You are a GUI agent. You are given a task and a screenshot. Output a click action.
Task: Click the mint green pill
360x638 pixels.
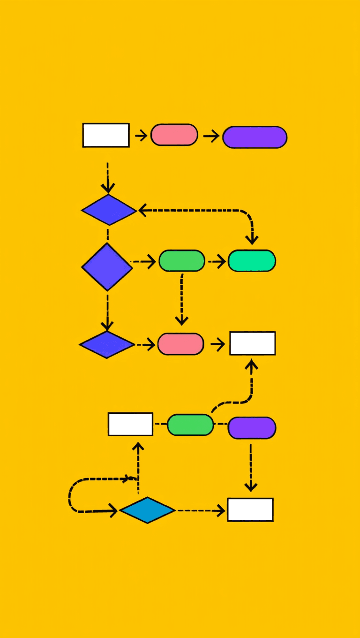(252, 261)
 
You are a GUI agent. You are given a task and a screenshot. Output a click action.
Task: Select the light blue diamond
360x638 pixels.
(147, 510)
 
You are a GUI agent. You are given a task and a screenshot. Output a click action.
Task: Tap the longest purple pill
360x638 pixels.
(255, 137)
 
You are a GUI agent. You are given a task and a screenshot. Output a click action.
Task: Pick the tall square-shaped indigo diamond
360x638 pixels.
(107, 267)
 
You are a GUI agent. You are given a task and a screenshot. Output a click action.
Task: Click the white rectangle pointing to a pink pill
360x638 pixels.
(106, 135)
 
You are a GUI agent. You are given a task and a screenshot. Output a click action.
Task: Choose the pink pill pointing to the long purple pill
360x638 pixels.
(174, 135)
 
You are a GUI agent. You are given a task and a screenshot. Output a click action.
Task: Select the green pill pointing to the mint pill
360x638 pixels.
(182, 261)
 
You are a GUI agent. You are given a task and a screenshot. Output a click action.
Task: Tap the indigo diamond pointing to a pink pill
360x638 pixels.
(107, 345)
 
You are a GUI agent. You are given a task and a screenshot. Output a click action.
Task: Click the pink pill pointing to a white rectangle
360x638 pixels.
(180, 344)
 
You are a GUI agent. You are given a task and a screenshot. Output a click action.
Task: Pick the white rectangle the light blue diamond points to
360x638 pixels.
(250, 510)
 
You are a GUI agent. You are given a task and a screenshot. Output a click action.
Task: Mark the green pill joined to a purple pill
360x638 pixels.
(190, 425)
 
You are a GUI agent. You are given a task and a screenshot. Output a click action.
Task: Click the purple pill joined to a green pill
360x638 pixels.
(252, 428)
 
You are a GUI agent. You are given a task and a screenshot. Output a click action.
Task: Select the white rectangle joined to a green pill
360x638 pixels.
(130, 424)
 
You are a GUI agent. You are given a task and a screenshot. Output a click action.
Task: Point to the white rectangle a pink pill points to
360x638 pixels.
(252, 343)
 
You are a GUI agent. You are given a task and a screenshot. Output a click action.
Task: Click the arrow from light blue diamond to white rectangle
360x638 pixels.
(201, 510)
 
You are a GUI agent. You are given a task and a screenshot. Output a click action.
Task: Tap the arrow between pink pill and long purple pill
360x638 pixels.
(211, 136)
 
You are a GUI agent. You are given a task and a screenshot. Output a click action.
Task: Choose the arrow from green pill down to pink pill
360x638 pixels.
(181, 300)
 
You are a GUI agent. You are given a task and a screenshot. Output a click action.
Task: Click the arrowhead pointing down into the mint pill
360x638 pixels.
(252, 240)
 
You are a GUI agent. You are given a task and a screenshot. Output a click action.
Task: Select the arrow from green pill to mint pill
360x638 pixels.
(217, 261)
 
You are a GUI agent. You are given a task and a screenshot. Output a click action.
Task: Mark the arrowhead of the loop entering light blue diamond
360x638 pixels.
(113, 510)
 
